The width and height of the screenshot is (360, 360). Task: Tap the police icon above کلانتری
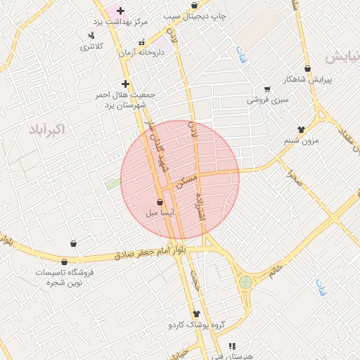pyautogui.click(x=91, y=35)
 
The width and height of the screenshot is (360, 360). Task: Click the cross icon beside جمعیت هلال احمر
pyautogui.click(x=125, y=84)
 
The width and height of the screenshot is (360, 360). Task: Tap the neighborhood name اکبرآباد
pyautogui.click(x=48, y=129)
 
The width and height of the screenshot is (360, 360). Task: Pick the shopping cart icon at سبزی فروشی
pyautogui.click(x=267, y=89)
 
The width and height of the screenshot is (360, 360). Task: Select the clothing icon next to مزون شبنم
pyautogui.click(x=302, y=129)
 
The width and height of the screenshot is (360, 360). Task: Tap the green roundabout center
pyautogui.click(x=245, y=283)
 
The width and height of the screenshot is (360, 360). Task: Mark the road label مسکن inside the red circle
pyautogui.click(x=186, y=181)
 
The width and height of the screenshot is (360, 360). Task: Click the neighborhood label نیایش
pyautogui.click(x=342, y=56)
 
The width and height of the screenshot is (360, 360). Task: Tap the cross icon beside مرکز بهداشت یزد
pyautogui.click(x=120, y=11)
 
